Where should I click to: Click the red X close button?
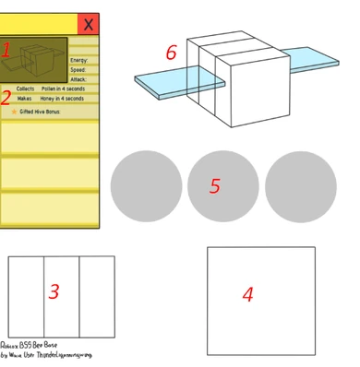(88, 24)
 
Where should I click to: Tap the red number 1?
(6, 52)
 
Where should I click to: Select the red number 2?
(6, 96)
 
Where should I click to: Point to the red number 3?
(54, 292)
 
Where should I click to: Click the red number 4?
(247, 294)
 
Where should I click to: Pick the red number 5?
(214, 186)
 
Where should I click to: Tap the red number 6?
(171, 53)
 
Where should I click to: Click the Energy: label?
(79, 60)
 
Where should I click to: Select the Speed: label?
(79, 69)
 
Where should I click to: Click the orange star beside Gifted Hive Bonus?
(14, 111)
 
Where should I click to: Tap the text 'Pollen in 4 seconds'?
(62, 89)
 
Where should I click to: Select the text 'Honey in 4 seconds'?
(62, 99)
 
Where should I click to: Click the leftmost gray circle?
(146, 185)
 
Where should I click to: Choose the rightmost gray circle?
(301, 185)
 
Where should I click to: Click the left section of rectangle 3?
(26, 297)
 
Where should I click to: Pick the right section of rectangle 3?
(96, 297)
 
